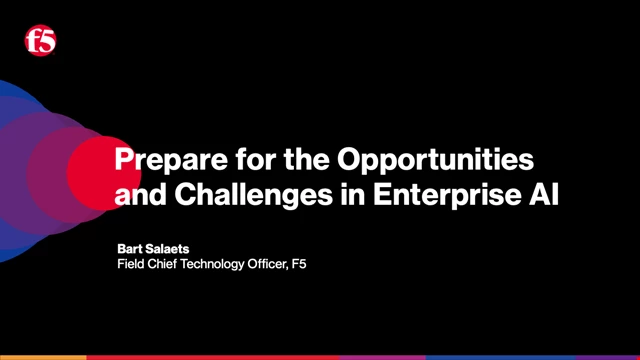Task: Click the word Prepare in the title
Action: click(x=164, y=159)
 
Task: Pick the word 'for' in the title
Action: click(x=239, y=159)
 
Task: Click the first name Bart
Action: click(x=131, y=249)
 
